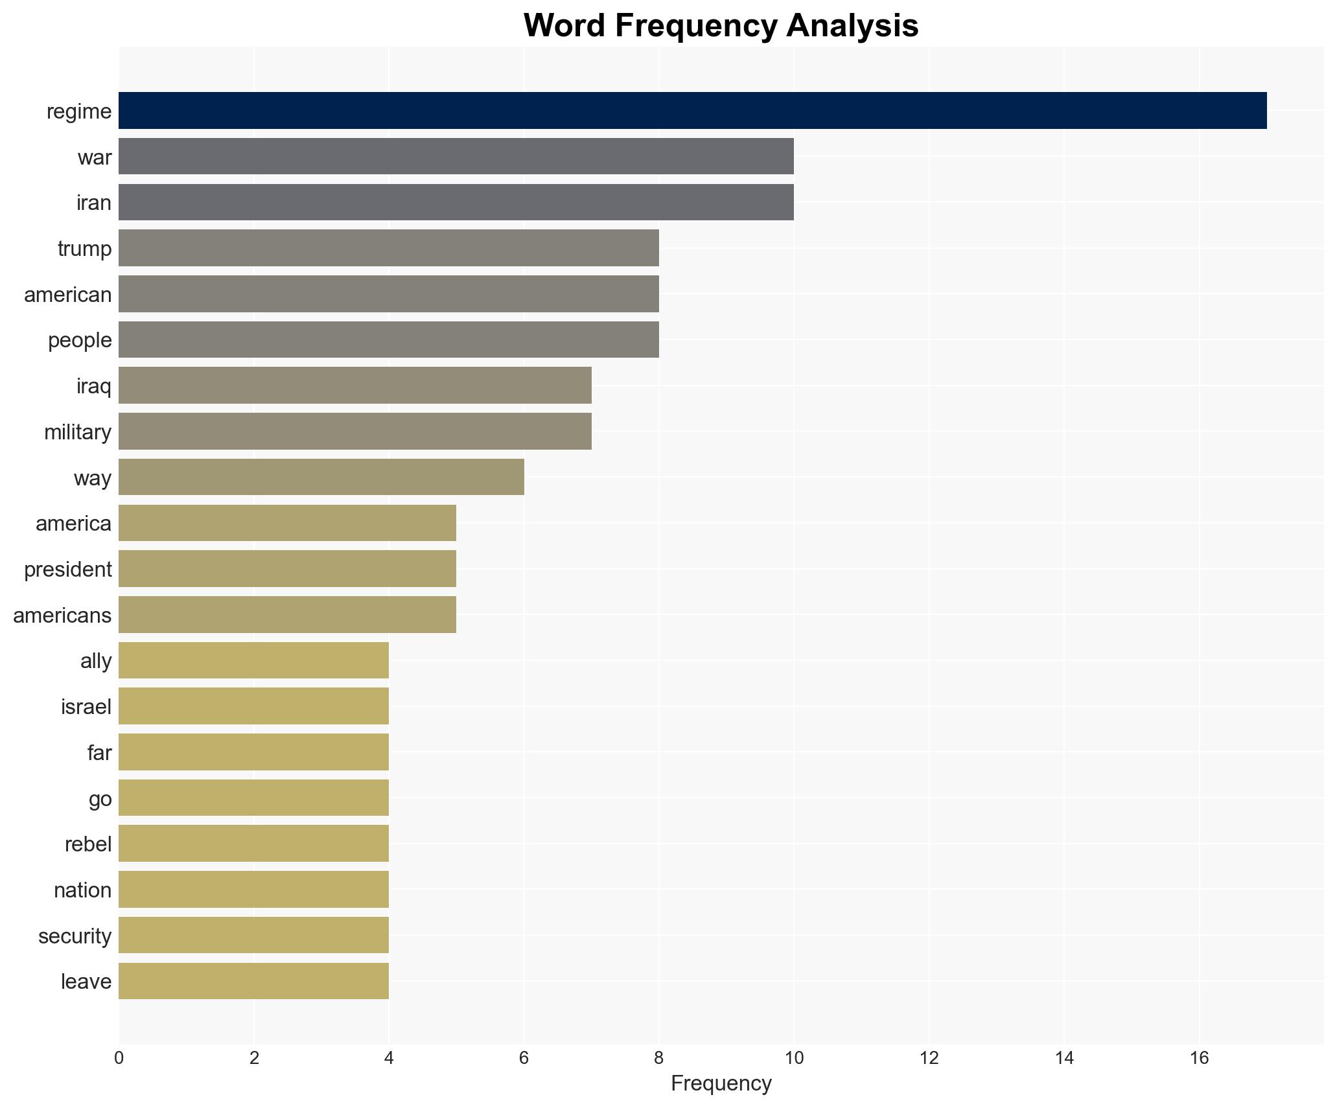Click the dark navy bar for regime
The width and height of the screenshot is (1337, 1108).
[x=692, y=111]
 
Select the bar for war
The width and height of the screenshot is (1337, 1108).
[x=456, y=156]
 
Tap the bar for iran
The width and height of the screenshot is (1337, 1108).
[x=456, y=202]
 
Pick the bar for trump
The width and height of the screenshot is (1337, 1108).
[x=388, y=248]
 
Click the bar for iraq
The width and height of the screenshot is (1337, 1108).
[x=355, y=386]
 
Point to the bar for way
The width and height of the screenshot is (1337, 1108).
[x=321, y=478]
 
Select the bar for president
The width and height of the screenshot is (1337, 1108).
[x=287, y=569]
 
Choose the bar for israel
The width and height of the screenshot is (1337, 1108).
[x=253, y=706]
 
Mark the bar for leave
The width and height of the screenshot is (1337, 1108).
[x=253, y=981]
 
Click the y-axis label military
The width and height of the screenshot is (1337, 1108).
[x=78, y=432]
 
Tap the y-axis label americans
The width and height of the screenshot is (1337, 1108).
[x=62, y=615]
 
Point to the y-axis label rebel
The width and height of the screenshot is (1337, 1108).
[x=88, y=844]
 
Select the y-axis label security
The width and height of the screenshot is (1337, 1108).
[x=75, y=936]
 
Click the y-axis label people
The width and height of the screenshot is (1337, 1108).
[x=80, y=340]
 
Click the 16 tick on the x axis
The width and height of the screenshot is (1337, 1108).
[x=1199, y=1058]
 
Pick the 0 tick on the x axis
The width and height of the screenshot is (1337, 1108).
[x=119, y=1058]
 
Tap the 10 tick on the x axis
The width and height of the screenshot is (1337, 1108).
[x=794, y=1058]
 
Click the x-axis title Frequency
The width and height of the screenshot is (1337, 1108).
[x=721, y=1083]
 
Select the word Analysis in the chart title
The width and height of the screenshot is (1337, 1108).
[x=852, y=26]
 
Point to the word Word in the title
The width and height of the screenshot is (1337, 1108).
[x=565, y=26]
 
